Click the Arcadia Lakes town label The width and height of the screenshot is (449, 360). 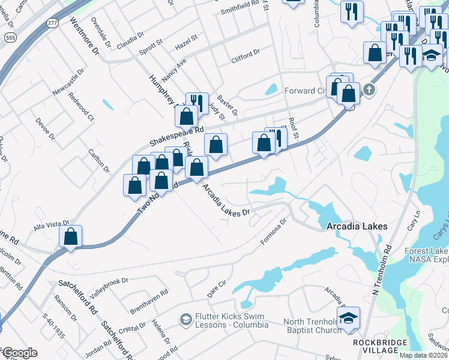(x=357, y=227)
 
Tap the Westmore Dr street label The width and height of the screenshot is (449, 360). (x=83, y=35)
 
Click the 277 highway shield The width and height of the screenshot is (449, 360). (x=53, y=23)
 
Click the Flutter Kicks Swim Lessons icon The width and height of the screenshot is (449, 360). (x=185, y=320)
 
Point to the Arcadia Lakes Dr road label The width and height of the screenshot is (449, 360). (x=226, y=201)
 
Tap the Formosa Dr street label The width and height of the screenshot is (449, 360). (x=274, y=231)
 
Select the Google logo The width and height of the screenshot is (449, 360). (x=19, y=353)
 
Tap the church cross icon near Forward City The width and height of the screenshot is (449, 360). (x=369, y=91)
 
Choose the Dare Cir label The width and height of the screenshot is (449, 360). (x=215, y=290)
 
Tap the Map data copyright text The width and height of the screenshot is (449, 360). (x=423, y=355)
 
